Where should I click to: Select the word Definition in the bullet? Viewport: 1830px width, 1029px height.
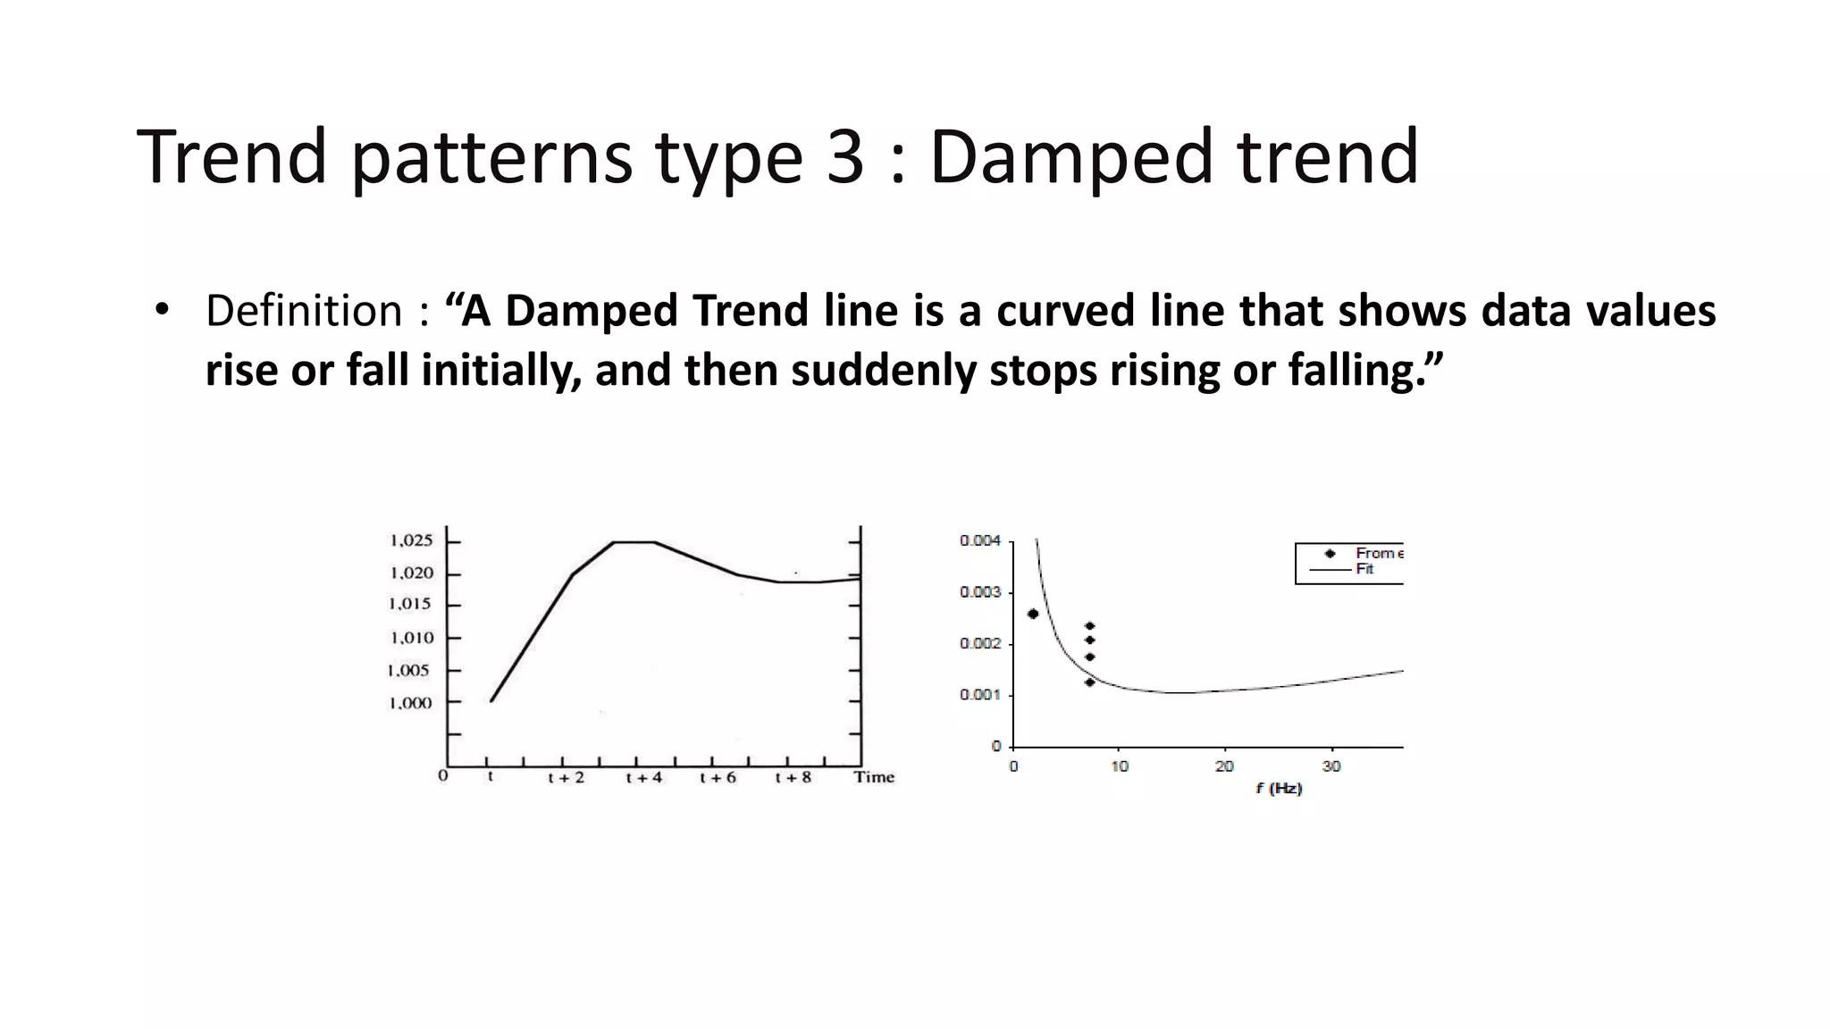(304, 311)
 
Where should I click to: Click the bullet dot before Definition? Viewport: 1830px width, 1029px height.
(161, 310)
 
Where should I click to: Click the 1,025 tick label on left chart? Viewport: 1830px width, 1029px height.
(411, 540)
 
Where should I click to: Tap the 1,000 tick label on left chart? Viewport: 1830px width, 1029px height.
(410, 703)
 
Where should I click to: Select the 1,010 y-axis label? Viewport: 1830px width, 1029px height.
(411, 638)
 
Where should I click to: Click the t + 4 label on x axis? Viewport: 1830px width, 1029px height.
(643, 778)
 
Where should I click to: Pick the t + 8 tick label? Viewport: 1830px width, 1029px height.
(793, 778)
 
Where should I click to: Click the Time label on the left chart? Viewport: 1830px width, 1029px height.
(874, 777)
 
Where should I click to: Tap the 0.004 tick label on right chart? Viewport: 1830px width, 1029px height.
(980, 540)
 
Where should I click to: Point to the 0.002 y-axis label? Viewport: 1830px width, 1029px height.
(980, 644)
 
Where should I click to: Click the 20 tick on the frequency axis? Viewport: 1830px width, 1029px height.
(1224, 766)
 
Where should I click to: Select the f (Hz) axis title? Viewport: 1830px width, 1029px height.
(1279, 789)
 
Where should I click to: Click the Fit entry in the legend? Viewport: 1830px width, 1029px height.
(1364, 569)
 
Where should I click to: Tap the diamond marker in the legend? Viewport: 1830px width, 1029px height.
(1330, 554)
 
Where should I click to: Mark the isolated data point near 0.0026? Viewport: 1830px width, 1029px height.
(1033, 614)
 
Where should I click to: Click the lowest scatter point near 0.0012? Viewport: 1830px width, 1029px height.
(1089, 682)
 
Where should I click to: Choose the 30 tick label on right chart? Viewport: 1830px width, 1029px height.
(1331, 766)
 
